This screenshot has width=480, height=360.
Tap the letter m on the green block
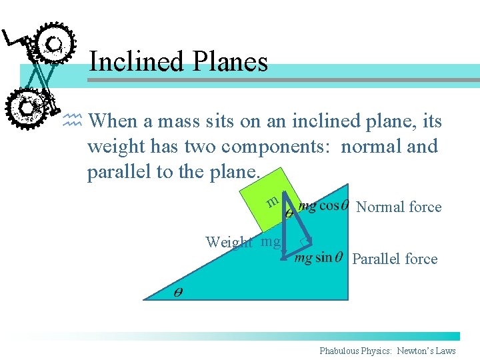271,201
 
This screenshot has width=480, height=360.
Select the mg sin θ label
319,257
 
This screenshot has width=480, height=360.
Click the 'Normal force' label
399,207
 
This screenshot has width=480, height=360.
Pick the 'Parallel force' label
395,259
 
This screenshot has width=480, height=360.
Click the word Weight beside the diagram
229,242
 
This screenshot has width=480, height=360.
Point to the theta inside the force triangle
289,214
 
